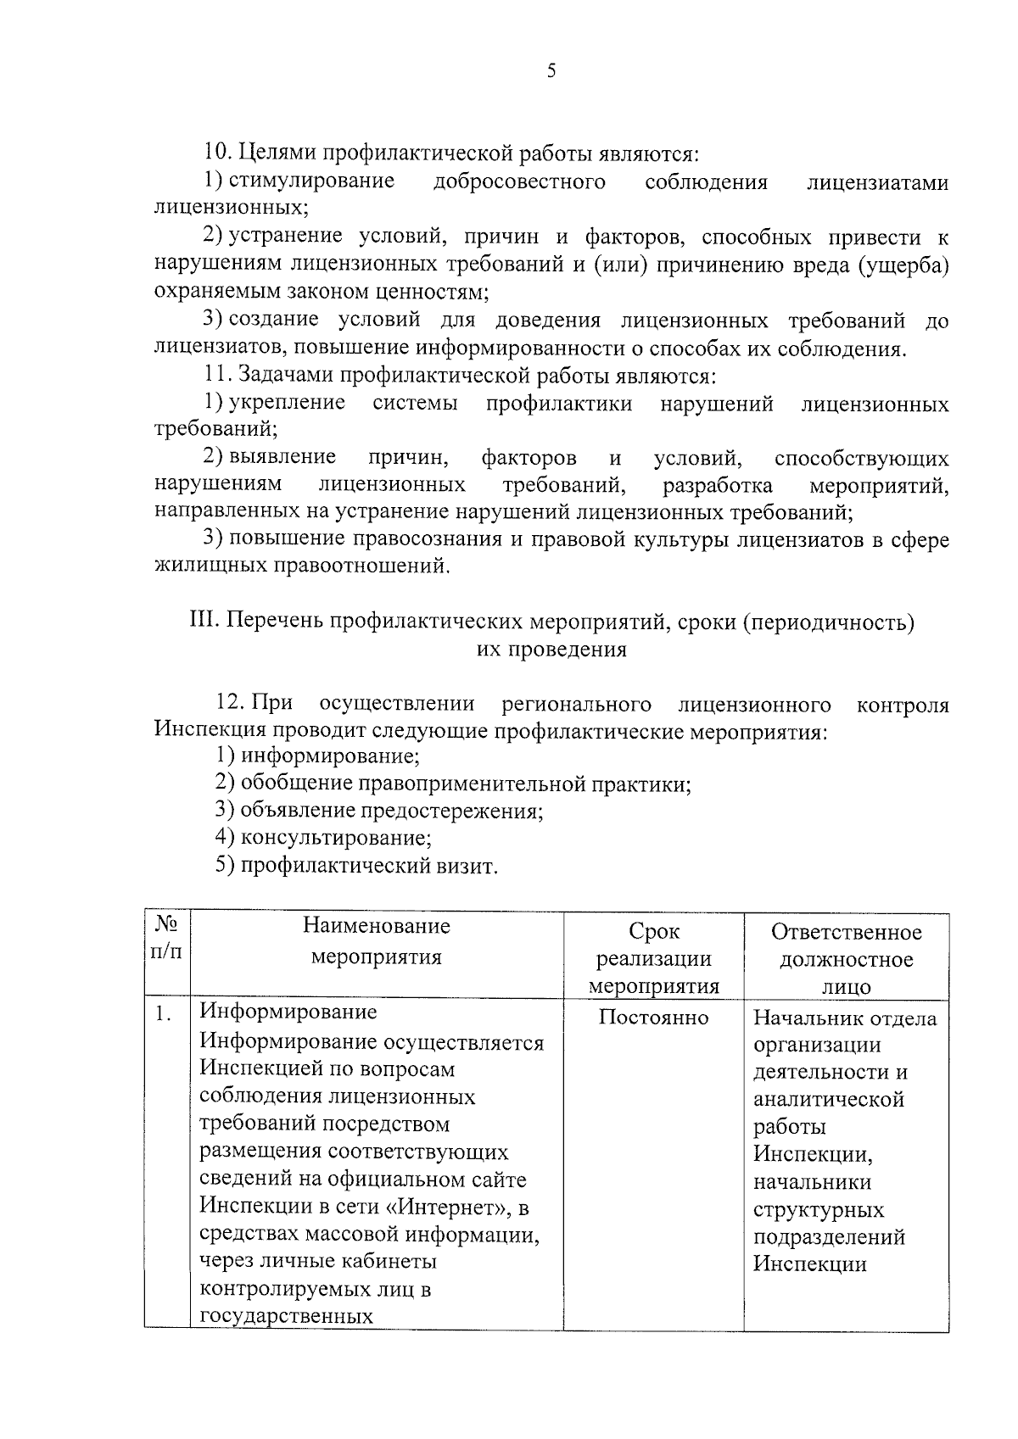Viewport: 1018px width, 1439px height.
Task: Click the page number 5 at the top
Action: [x=551, y=71]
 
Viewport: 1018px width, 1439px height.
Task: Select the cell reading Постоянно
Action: [x=653, y=1017]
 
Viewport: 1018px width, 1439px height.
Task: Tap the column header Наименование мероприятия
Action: [x=377, y=941]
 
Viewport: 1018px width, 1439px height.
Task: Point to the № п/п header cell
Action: [x=166, y=938]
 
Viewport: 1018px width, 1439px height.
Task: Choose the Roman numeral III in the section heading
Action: [x=202, y=622]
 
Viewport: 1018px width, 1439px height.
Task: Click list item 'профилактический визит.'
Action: [x=369, y=866]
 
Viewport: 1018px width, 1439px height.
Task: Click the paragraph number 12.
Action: [x=230, y=704]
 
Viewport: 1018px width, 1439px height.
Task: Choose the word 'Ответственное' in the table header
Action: [x=846, y=933]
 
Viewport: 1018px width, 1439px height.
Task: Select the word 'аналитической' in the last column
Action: [x=829, y=1100]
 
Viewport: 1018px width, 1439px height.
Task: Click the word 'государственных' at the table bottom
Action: [x=287, y=1316]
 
